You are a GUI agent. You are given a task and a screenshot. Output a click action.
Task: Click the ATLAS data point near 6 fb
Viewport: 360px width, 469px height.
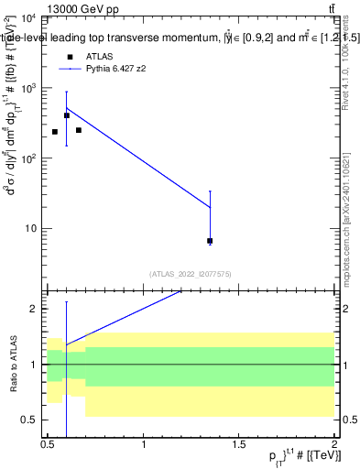pos(210,241)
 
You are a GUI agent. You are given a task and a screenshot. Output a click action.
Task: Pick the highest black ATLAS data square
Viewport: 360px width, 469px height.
pos(67,116)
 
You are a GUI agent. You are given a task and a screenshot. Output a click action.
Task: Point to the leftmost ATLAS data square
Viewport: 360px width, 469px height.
pos(55,132)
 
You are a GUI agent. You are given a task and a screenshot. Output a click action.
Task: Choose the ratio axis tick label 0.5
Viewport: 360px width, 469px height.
pos(30,420)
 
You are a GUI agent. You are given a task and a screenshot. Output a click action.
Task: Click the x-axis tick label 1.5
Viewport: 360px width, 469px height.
pos(239,444)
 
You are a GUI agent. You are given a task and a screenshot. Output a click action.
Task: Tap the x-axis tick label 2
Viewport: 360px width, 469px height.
pos(334,444)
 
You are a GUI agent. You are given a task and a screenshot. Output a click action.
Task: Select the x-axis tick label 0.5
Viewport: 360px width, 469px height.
pos(48,444)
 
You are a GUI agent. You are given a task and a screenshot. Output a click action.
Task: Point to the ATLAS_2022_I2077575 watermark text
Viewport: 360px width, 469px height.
pos(190,273)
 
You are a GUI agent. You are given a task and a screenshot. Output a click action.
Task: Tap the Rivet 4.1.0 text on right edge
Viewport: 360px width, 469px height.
pos(346,69)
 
